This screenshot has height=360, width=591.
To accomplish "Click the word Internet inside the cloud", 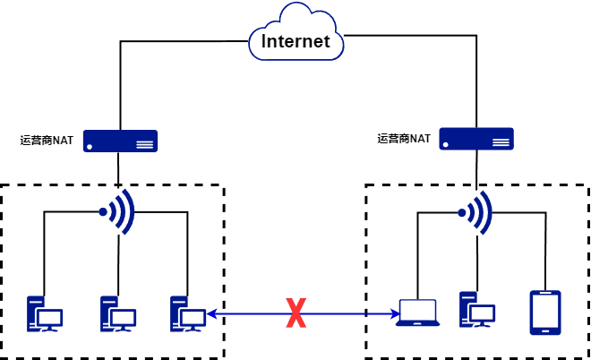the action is pyautogui.click(x=295, y=41).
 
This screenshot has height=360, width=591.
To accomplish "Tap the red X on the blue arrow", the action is pyautogui.click(x=295, y=313).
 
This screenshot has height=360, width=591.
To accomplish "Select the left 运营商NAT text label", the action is pyautogui.click(x=47, y=141).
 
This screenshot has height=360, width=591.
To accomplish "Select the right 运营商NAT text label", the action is pyautogui.click(x=404, y=138).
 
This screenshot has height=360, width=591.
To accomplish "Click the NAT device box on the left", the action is pyautogui.click(x=120, y=141).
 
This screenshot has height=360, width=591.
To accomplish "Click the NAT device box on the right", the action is pyautogui.click(x=476, y=139).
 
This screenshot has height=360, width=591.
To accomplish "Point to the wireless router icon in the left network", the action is pyautogui.click(x=116, y=212).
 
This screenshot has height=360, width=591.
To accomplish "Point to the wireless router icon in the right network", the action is pyautogui.click(x=475, y=213).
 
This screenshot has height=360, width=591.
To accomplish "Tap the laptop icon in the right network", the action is pyautogui.click(x=417, y=313).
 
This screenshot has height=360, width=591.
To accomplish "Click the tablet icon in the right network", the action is pyautogui.click(x=545, y=313).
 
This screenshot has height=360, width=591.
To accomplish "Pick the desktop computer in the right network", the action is pyautogui.click(x=477, y=310).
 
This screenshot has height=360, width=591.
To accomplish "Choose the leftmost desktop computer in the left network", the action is pyautogui.click(x=45, y=314).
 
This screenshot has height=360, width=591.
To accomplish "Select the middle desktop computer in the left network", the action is pyautogui.click(x=118, y=314).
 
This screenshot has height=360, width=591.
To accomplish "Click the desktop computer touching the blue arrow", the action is pyautogui.click(x=188, y=314).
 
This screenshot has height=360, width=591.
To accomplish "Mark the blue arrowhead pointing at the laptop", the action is pyautogui.click(x=396, y=313).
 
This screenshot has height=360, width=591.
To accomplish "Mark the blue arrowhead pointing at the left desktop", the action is pyautogui.click(x=212, y=313).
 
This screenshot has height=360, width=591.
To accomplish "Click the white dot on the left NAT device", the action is pyautogui.click(x=90, y=147).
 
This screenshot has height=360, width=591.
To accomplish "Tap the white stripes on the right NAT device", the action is pyautogui.click(x=501, y=142).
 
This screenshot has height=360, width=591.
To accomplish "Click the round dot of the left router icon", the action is pyautogui.click(x=103, y=212).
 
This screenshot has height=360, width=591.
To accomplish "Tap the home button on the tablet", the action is pyautogui.click(x=545, y=331).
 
